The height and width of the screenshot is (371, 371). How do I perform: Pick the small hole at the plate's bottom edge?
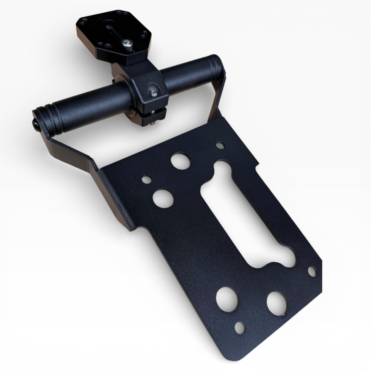click(240, 327)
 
